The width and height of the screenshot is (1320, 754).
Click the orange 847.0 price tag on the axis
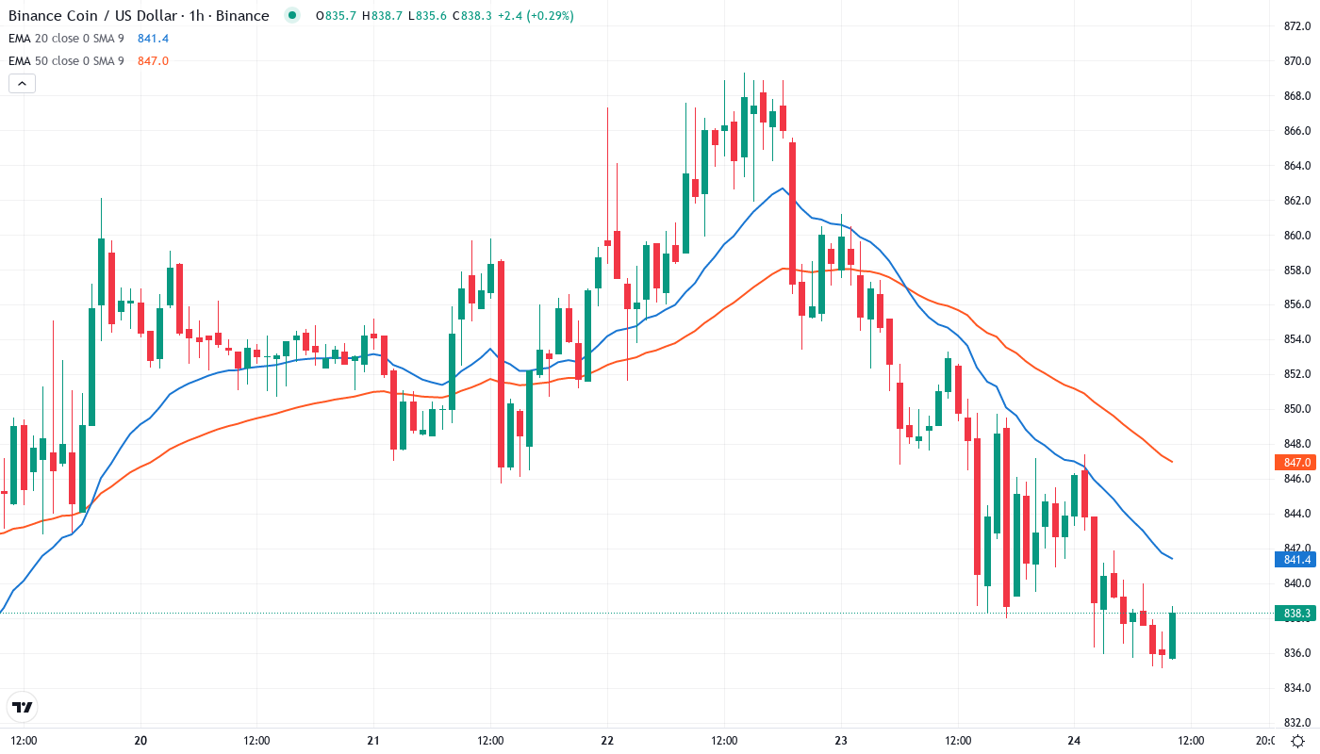tap(1297, 462)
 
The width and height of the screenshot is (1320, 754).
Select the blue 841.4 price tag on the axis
tap(1297, 560)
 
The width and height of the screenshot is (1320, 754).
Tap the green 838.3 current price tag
tap(1297, 614)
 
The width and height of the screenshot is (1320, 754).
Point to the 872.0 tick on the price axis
tap(1299, 26)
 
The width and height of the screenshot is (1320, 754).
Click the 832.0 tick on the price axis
tap(1299, 722)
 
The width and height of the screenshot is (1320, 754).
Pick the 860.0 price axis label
tap(1299, 235)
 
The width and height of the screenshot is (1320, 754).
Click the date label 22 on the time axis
tap(607, 741)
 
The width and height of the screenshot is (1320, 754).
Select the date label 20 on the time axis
tap(140, 741)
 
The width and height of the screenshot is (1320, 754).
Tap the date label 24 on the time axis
tap(1074, 741)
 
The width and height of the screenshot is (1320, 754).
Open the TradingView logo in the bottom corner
tap(23, 707)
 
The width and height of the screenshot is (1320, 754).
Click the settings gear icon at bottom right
tap(1298, 741)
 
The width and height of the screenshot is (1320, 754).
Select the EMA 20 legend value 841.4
tap(153, 38)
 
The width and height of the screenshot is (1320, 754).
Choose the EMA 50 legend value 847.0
tap(153, 60)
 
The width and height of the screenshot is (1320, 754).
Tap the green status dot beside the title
tap(292, 15)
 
